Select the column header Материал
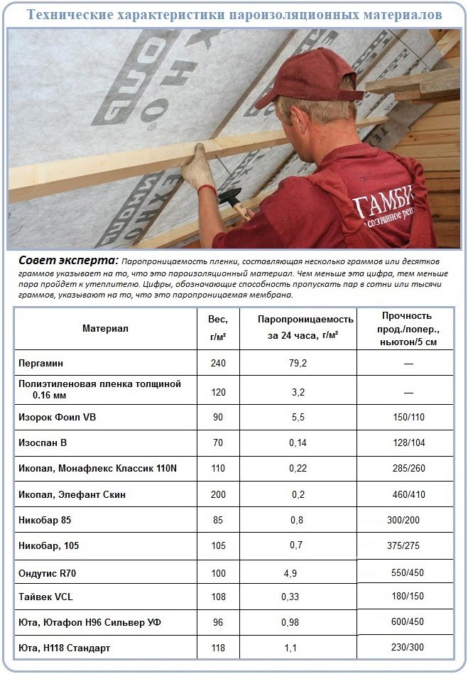[x=105, y=328]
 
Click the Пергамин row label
[x=41, y=363]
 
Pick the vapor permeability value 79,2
[x=298, y=363]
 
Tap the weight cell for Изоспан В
[x=218, y=442]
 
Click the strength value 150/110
[x=408, y=417]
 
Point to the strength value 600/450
[x=408, y=622]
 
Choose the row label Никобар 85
[x=45, y=520]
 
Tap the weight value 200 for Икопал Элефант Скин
[x=218, y=494]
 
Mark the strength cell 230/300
[x=408, y=648]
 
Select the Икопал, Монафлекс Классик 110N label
[x=87, y=469]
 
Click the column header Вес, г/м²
[x=218, y=328]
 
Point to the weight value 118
[x=218, y=648]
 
